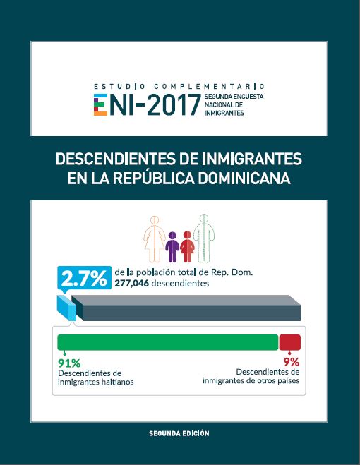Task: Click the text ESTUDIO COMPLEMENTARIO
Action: pyautogui.click(x=179, y=86)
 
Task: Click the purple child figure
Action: pyautogui.click(x=172, y=246)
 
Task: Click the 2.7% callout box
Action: pyautogui.click(x=83, y=279)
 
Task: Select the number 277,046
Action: pyautogui.click(x=133, y=284)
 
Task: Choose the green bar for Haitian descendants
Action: pyautogui.click(x=167, y=342)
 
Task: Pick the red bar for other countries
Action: pyautogui.click(x=290, y=342)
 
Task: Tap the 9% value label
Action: pyautogui.click(x=292, y=362)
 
